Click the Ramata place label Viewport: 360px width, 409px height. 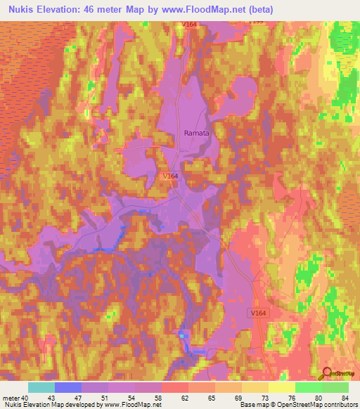[x=197, y=131]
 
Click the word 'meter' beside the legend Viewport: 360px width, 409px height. [x=11, y=398]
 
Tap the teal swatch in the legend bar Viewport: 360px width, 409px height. [x=41, y=387]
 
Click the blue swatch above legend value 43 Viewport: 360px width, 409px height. [x=68, y=387]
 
